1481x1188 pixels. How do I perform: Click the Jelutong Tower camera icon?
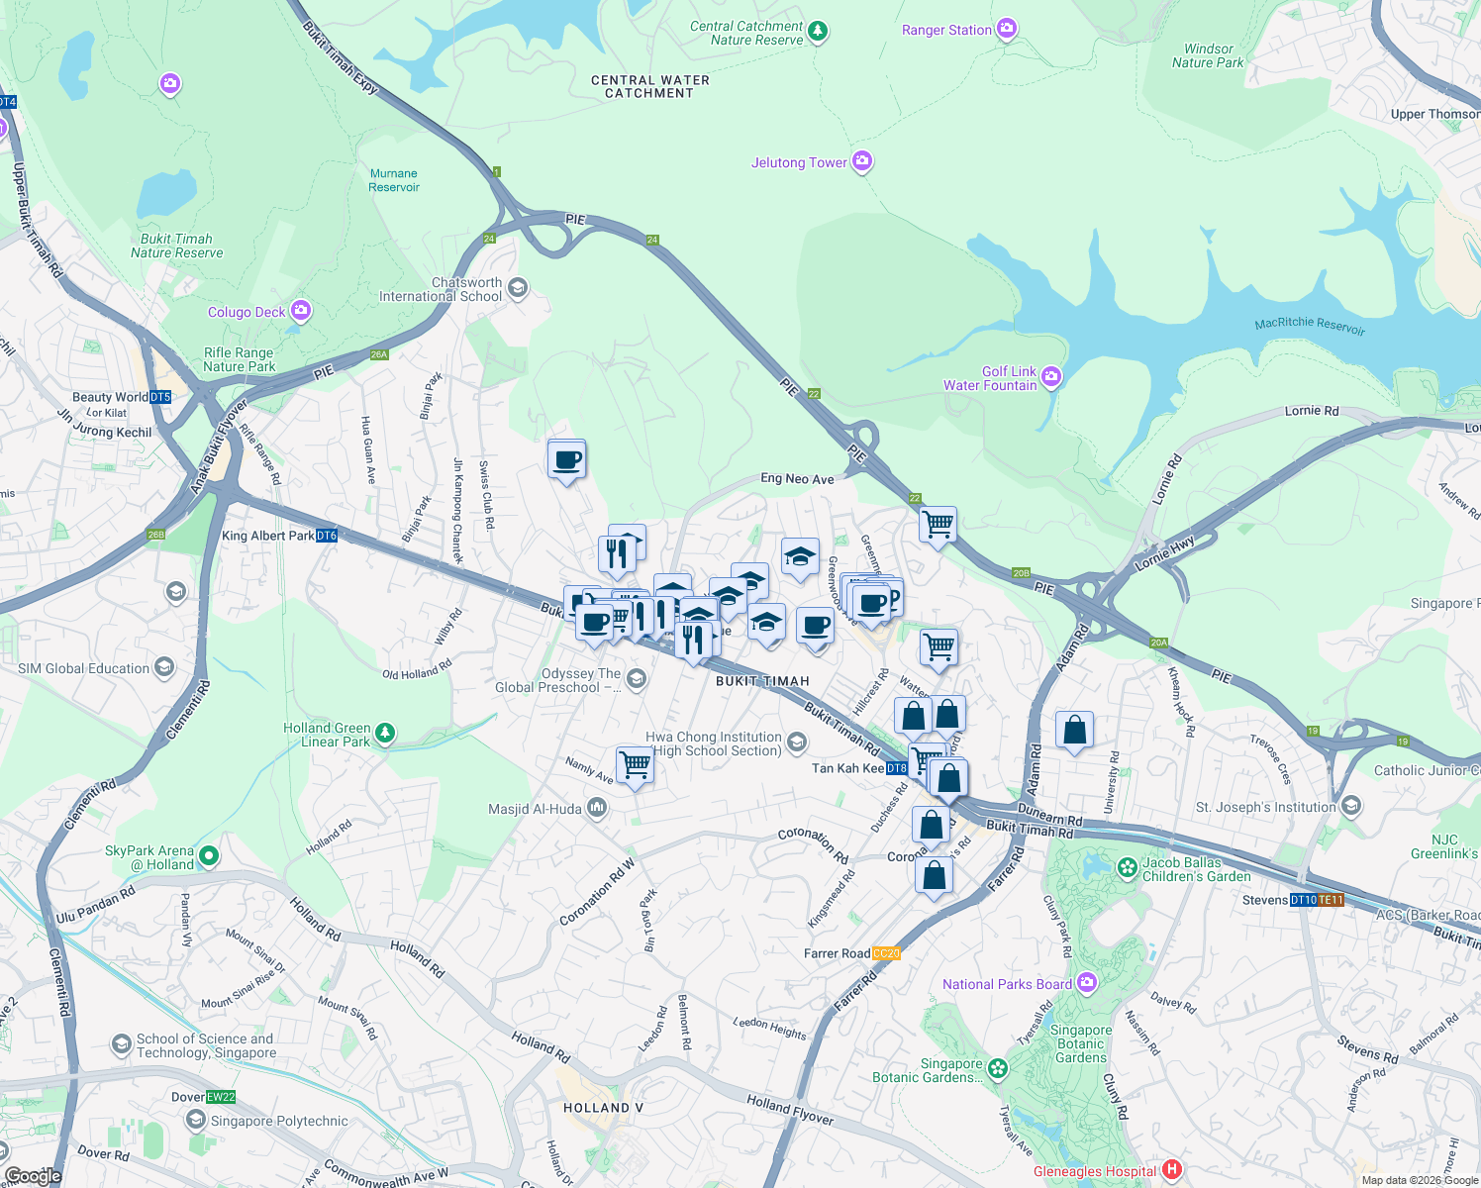862,161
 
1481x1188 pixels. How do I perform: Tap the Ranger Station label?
945,31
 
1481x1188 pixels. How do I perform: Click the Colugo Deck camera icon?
301,311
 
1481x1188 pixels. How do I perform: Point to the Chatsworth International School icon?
518,288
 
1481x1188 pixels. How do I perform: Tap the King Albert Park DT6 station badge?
327,536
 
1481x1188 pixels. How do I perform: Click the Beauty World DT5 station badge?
160,397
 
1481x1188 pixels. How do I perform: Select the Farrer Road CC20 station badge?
886,953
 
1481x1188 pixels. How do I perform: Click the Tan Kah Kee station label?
847,768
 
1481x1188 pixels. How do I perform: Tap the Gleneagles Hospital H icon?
1172,1170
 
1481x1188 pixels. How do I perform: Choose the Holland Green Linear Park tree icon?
385,733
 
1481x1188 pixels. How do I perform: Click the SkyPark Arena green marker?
208,855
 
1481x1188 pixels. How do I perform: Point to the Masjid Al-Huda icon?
597,809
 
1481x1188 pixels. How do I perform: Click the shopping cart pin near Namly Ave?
635,763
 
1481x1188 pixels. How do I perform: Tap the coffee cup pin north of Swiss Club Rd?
567,459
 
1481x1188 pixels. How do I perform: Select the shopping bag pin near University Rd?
1074,731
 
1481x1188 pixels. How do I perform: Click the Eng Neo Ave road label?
797,478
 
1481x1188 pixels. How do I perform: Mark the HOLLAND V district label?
603,1108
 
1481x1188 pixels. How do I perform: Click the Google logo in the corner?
33,1175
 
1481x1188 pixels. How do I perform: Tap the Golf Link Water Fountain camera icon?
1051,376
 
